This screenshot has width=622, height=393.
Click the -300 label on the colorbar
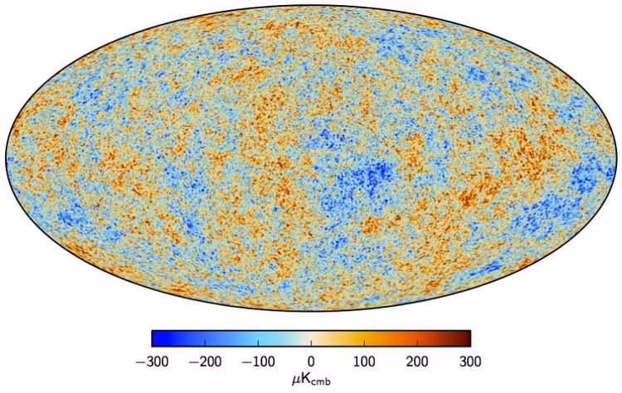(152, 361)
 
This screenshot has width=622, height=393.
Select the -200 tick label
(205, 361)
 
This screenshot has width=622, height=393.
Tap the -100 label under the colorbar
(258, 361)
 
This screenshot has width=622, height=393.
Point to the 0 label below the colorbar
(311, 361)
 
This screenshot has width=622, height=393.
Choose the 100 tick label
(364, 361)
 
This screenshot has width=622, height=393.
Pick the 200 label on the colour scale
(417, 361)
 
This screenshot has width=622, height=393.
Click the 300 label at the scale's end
(470, 361)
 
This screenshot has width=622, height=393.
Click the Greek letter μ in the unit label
(296, 381)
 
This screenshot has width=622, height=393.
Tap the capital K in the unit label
(305, 379)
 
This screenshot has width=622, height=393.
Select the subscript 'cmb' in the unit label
(321, 382)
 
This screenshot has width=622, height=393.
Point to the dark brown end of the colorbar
(469, 338)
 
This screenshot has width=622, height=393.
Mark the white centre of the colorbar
(311, 338)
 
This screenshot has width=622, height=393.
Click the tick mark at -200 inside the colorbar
(205, 343)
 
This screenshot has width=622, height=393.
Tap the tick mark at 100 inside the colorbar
(364, 343)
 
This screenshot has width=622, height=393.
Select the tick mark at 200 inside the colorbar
(417, 343)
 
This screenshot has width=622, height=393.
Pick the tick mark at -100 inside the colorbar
(258, 343)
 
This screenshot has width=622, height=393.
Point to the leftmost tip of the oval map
(6, 158)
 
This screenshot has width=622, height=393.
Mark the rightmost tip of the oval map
(617, 158)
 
